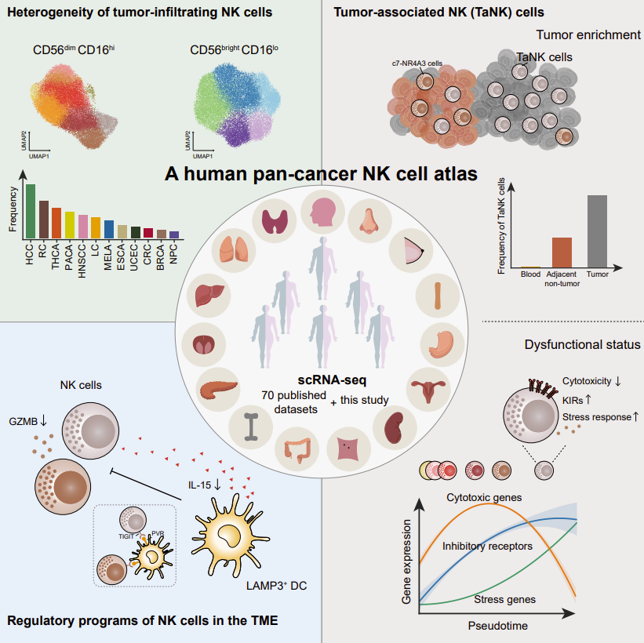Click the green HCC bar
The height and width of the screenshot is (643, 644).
31,211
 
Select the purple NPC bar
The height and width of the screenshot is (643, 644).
174,234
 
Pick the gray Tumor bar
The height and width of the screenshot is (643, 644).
598,232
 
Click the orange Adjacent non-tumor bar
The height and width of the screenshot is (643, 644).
562,252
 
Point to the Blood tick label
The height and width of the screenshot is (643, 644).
531,274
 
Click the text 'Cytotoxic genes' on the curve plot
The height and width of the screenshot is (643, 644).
484,497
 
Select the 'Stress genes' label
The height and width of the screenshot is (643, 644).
505,599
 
